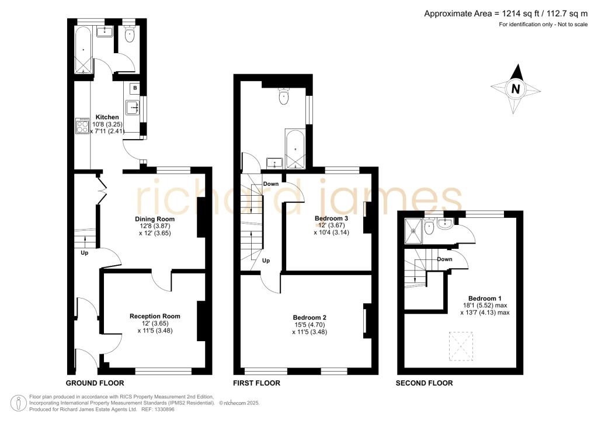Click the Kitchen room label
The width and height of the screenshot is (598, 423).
click(x=107, y=117)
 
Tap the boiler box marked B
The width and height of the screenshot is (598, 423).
click(x=135, y=88)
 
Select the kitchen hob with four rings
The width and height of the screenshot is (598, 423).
click(x=82, y=126)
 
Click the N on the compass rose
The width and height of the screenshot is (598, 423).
click(x=516, y=89)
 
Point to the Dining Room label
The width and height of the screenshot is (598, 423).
click(x=155, y=219)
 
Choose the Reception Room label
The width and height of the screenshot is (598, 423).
click(x=155, y=316)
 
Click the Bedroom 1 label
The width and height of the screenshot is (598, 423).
click(x=485, y=299)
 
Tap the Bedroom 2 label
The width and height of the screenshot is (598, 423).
click(x=310, y=317)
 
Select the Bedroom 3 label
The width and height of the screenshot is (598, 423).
click(x=332, y=218)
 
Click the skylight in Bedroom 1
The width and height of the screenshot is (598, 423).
click(x=461, y=346)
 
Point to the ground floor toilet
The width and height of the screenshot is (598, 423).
click(x=130, y=36)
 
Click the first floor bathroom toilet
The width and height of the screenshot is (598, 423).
click(x=284, y=96)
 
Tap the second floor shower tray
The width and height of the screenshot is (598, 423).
click(x=413, y=231)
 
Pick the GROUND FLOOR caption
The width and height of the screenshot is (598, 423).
click(x=95, y=383)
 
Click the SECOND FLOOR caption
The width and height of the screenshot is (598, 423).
click(x=424, y=383)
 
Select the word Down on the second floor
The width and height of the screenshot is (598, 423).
click(x=444, y=259)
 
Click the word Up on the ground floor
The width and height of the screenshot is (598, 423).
click(x=84, y=252)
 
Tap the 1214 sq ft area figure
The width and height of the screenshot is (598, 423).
click(x=520, y=14)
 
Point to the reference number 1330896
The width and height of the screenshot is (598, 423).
click(x=164, y=409)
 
